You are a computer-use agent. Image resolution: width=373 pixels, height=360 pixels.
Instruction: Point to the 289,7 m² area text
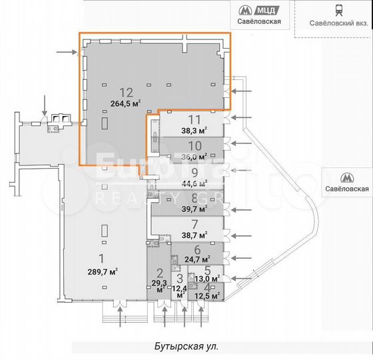(98, 271)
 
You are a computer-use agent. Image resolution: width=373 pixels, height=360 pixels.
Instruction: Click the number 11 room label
(194, 120)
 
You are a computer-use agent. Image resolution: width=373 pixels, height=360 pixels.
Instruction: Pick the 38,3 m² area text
(194, 131)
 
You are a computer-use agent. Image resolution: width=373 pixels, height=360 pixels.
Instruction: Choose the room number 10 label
(194, 146)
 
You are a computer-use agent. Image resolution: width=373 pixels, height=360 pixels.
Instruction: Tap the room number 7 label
(194, 224)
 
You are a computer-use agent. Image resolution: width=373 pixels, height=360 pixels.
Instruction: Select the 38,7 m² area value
(194, 235)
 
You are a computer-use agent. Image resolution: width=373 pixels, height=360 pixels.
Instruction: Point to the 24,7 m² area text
(197, 259)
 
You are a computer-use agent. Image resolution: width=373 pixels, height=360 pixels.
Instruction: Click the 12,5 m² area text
(206, 295)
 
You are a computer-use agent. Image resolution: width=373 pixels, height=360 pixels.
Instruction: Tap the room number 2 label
(159, 273)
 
